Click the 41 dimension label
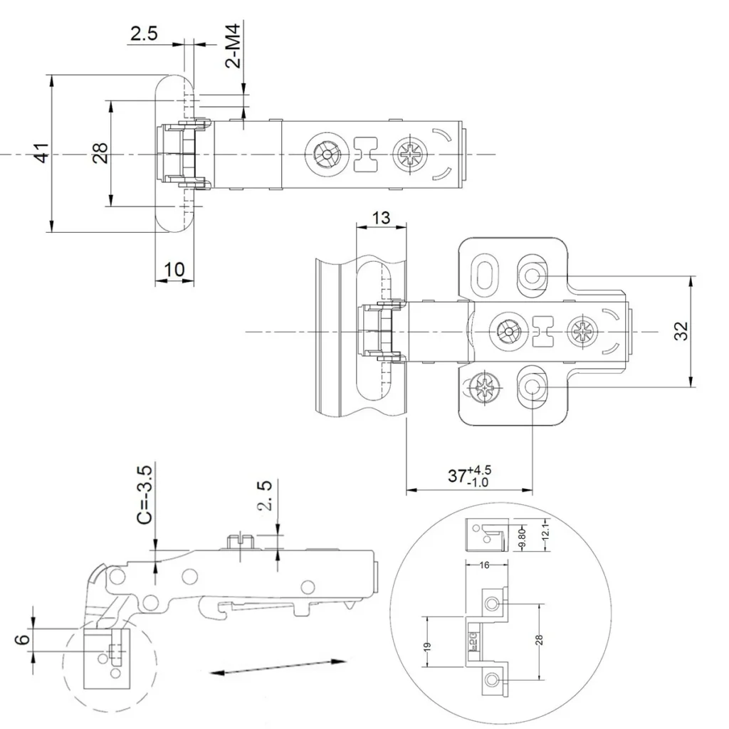coord(42,153)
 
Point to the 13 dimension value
coord(382,217)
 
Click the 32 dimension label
coord(681,331)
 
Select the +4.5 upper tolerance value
coord(479,470)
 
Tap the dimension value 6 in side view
coord(23,639)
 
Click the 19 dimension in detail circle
coord(427,646)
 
